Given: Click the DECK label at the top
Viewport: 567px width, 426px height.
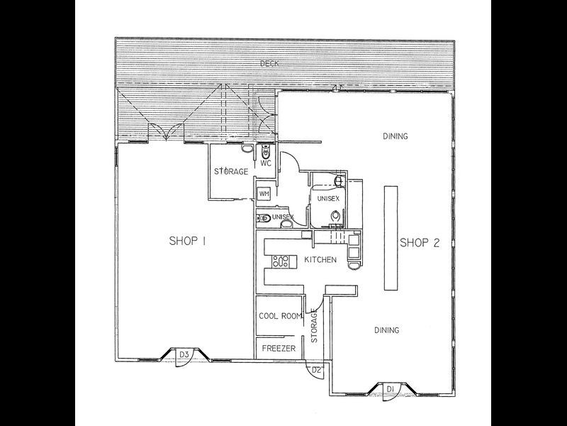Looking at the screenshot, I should tap(269, 64).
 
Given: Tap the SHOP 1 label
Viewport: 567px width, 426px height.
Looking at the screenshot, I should tap(187, 241).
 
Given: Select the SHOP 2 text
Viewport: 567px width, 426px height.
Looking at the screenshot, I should tap(420, 243).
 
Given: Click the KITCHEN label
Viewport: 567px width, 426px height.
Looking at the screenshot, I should tap(320, 260).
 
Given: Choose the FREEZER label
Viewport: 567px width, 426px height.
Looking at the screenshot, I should tap(279, 349).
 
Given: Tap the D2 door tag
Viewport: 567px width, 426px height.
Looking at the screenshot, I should tap(318, 370).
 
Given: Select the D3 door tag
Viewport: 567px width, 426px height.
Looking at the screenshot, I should tap(183, 353).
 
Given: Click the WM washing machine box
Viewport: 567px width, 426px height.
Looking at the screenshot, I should tap(264, 193).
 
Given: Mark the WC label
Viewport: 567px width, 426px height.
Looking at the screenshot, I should tap(266, 163).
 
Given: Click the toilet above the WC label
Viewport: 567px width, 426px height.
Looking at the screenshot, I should tap(264, 151).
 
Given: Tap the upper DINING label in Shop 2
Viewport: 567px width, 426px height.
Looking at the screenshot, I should tap(395, 136).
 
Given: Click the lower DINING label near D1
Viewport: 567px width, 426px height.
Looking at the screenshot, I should tap(387, 330).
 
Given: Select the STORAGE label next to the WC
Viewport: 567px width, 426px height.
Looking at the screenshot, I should tap(231, 172).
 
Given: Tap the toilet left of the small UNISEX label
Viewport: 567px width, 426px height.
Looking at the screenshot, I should tap(262, 217).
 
